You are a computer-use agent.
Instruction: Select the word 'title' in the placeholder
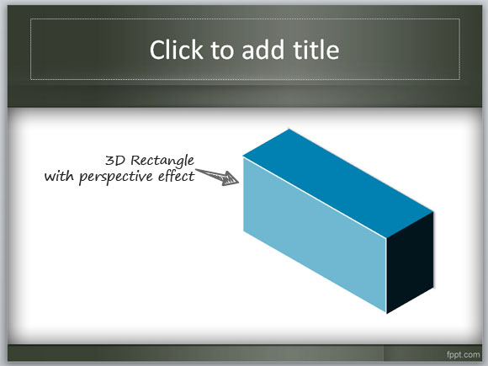point(313,50)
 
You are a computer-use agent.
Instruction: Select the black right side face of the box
point(409,261)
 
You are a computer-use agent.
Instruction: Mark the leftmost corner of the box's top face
point(243,156)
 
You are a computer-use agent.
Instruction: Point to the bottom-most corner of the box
point(386,312)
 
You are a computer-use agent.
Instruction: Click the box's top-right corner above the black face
point(433,211)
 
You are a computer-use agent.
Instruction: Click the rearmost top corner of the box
point(290,130)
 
